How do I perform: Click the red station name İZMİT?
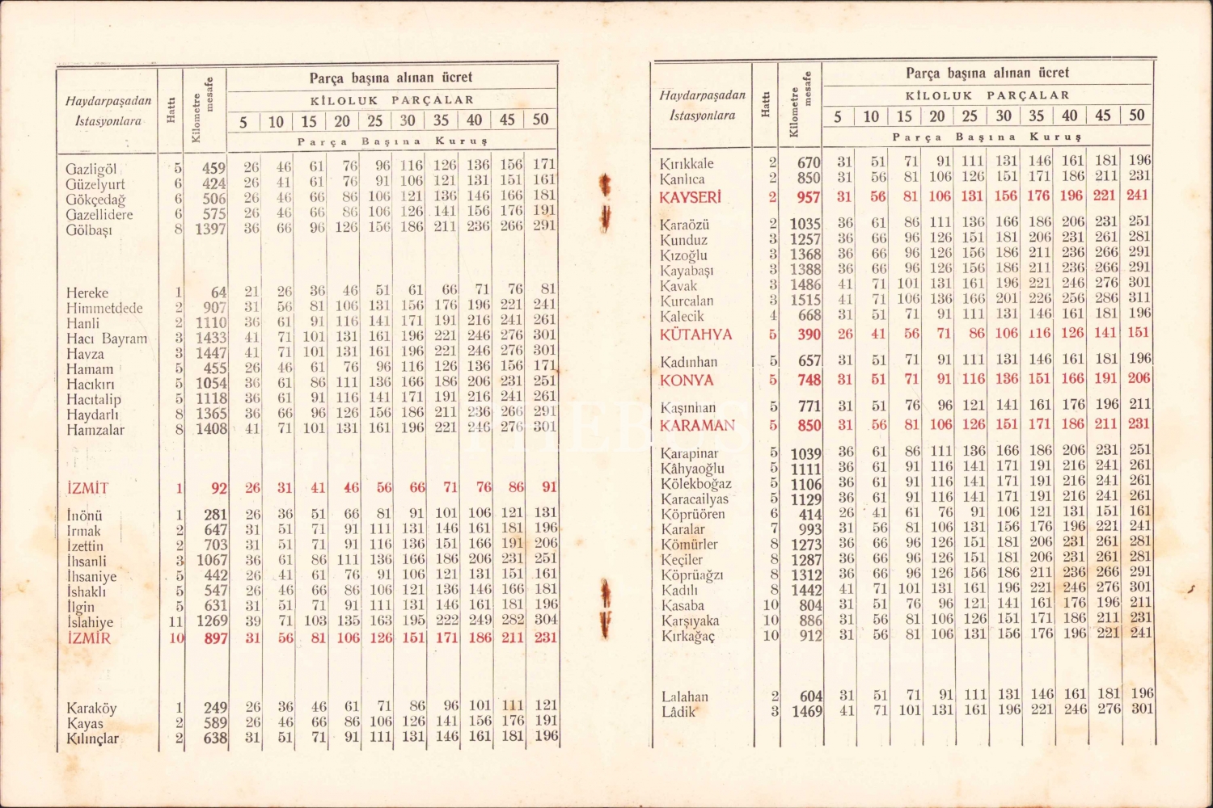(87, 488)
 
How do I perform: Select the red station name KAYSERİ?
(689, 197)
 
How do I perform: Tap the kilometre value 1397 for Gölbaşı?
(210, 229)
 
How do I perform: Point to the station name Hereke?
(87, 292)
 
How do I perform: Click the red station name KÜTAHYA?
(695, 335)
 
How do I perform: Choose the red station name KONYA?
(687, 381)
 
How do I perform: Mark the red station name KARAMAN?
(697, 426)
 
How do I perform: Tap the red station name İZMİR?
(89, 638)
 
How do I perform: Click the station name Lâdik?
(678, 712)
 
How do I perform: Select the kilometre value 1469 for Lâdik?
(806, 712)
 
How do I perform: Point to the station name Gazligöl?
(91, 170)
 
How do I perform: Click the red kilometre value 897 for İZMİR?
(216, 638)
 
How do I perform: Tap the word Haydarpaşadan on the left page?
(108, 101)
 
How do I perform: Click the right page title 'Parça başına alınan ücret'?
(987, 73)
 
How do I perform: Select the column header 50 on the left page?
(540, 120)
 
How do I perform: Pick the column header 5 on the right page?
(838, 116)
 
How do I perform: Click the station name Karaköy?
(91, 709)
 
